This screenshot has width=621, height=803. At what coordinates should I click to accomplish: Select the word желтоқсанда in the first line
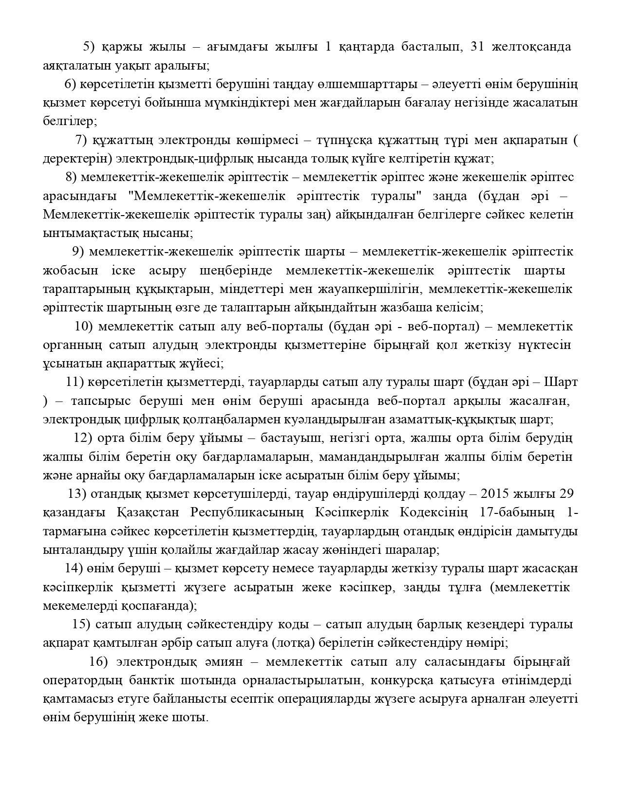pos(532,47)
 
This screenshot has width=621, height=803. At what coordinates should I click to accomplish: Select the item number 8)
pos(71,177)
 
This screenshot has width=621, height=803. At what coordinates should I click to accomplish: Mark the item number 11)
pos(75,382)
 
